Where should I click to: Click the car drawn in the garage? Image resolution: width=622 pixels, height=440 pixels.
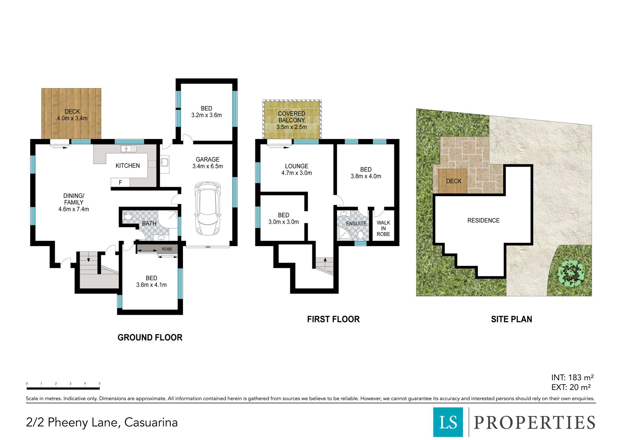[208, 208]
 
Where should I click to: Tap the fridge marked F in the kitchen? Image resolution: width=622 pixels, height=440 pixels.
[120, 183]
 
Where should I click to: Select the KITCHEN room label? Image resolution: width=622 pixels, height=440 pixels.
[128, 166]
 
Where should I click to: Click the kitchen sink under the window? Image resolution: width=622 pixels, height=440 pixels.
[128, 149]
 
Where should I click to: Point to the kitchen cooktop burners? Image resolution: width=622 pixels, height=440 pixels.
[152, 164]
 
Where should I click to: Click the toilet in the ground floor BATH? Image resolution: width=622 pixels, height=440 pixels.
[127, 217]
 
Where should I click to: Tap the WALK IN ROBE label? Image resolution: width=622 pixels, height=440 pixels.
[383, 228]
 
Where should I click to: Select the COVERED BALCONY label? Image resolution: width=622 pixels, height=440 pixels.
[292, 117]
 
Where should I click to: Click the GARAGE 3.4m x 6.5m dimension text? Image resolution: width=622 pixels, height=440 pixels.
[208, 166]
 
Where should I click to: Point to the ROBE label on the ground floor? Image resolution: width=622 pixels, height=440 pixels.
[167, 249]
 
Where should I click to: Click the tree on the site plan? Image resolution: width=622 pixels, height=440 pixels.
[571, 273]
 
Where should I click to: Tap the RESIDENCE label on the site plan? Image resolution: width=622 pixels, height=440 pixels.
[483, 220]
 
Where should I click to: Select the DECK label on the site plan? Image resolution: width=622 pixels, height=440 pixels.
[454, 181]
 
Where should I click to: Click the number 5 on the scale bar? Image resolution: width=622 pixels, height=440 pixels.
[99, 384]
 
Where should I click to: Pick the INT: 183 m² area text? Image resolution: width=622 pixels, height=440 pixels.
[572, 377]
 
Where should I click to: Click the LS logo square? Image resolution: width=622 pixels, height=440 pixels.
[448, 422]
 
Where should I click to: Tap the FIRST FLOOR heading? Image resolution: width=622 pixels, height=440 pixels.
[333, 319]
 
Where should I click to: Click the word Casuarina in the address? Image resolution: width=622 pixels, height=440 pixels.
[151, 422]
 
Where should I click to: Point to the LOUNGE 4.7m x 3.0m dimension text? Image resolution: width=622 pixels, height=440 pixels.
[297, 173]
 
